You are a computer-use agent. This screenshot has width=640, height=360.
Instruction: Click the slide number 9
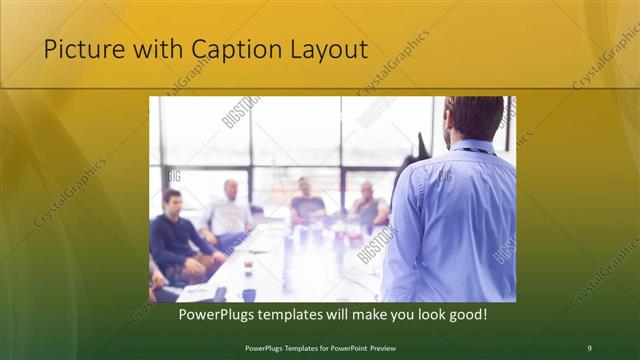click(589, 347)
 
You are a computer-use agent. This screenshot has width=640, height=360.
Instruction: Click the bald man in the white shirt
click(229, 211)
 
